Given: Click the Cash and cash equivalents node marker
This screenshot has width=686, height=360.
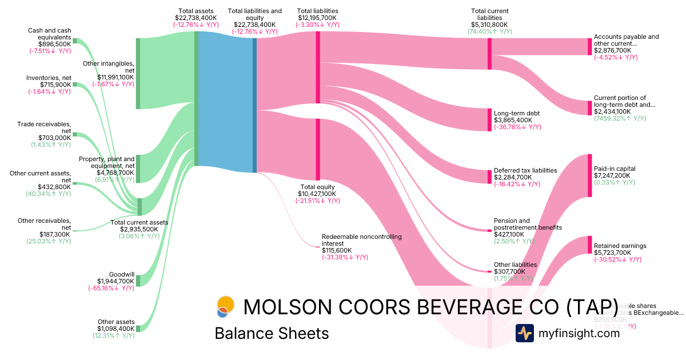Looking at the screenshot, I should pyautogui.click(x=74, y=41).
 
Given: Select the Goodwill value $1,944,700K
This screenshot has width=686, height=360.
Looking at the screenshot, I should pyautogui.click(x=115, y=281).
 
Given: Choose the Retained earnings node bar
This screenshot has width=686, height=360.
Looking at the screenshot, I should pyautogui.click(x=589, y=245).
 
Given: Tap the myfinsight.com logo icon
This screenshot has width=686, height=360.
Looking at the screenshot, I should pyautogui.click(x=524, y=333).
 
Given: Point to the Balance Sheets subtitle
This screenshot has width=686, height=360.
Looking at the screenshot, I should pyautogui.click(x=272, y=333).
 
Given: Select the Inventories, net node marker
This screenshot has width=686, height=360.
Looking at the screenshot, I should pyautogui.click(x=74, y=85).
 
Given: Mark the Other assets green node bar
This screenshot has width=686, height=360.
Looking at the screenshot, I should pyautogui.click(x=138, y=326).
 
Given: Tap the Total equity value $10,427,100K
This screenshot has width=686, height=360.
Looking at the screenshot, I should pyautogui.click(x=317, y=194).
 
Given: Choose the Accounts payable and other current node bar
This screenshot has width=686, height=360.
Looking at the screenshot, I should pyautogui.click(x=589, y=46).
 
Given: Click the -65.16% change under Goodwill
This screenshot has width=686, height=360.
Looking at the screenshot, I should pyautogui.click(x=111, y=288).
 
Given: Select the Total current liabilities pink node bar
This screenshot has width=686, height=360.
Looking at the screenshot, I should pyautogui.click(x=489, y=54).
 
